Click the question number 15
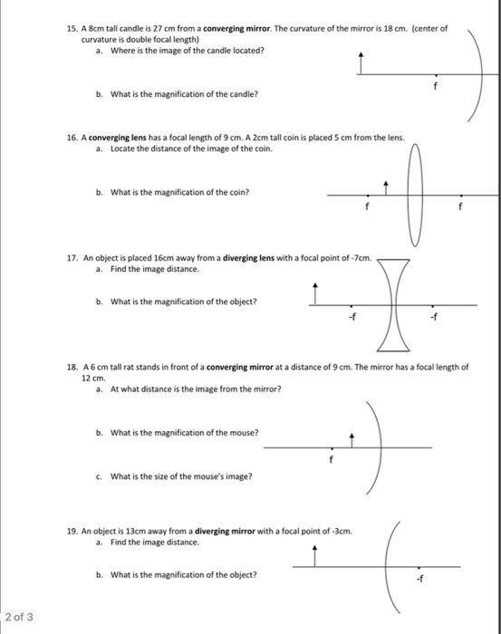pos(72,29)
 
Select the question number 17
pos(72,257)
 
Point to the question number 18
pos(72,367)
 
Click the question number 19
pos(72,532)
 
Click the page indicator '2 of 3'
pos(19,617)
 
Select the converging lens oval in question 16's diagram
pos(416,195)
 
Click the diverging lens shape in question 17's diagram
pos(392,305)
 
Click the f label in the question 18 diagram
pos(332,458)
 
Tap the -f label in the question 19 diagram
pos(418,577)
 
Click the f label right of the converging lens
pos(461,206)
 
